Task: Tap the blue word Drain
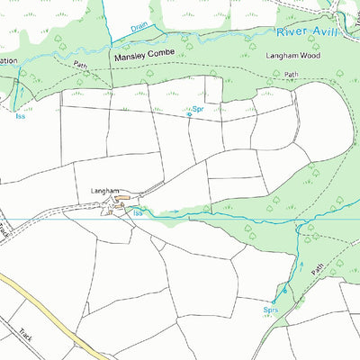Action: click(x=139, y=27)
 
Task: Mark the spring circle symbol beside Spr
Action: click(x=189, y=114)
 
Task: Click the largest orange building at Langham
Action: click(x=125, y=197)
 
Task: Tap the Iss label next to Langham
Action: click(x=138, y=213)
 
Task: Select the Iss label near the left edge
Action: click(x=19, y=115)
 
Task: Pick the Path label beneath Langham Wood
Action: click(x=290, y=75)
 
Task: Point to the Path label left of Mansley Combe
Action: click(x=81, y=65)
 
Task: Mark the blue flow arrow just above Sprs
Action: click(x=285, y=290)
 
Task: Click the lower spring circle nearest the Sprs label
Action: click(x=274, y=301)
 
